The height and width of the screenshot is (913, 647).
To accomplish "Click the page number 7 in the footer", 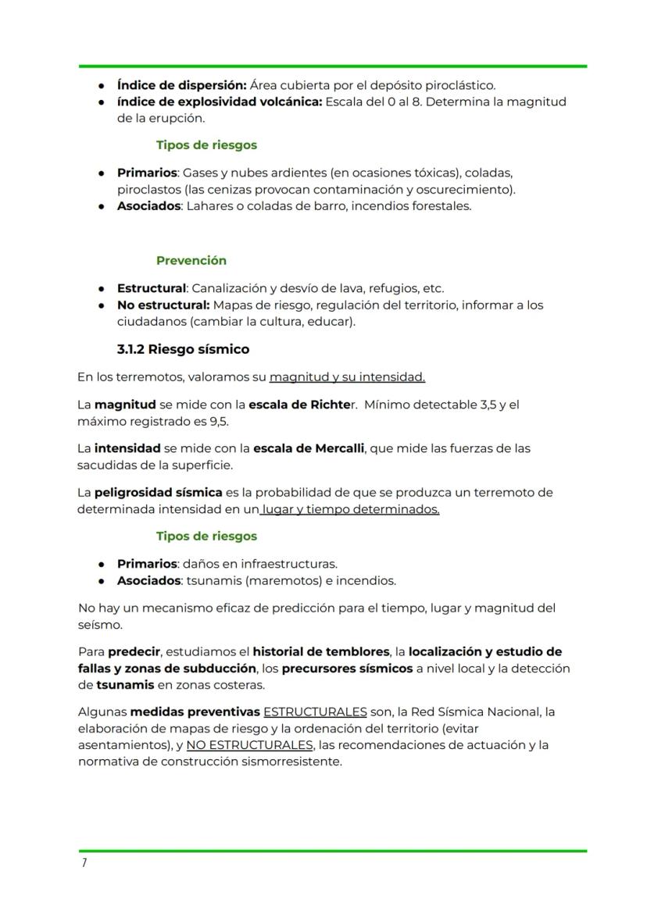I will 84,863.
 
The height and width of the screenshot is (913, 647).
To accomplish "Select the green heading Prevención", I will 191,261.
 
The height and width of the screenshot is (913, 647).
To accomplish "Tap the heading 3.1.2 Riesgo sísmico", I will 183,349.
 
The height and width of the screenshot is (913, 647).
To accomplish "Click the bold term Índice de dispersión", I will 181,85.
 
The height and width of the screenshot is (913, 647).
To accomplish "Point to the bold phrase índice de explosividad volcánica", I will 219,102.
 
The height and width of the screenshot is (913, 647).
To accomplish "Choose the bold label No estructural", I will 163,305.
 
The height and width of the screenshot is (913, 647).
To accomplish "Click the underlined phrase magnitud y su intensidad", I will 347,378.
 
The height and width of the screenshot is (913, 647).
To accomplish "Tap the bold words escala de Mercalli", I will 309,449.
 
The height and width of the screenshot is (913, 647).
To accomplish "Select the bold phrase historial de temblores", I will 320,652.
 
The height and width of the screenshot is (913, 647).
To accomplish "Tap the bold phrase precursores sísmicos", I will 346,669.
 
